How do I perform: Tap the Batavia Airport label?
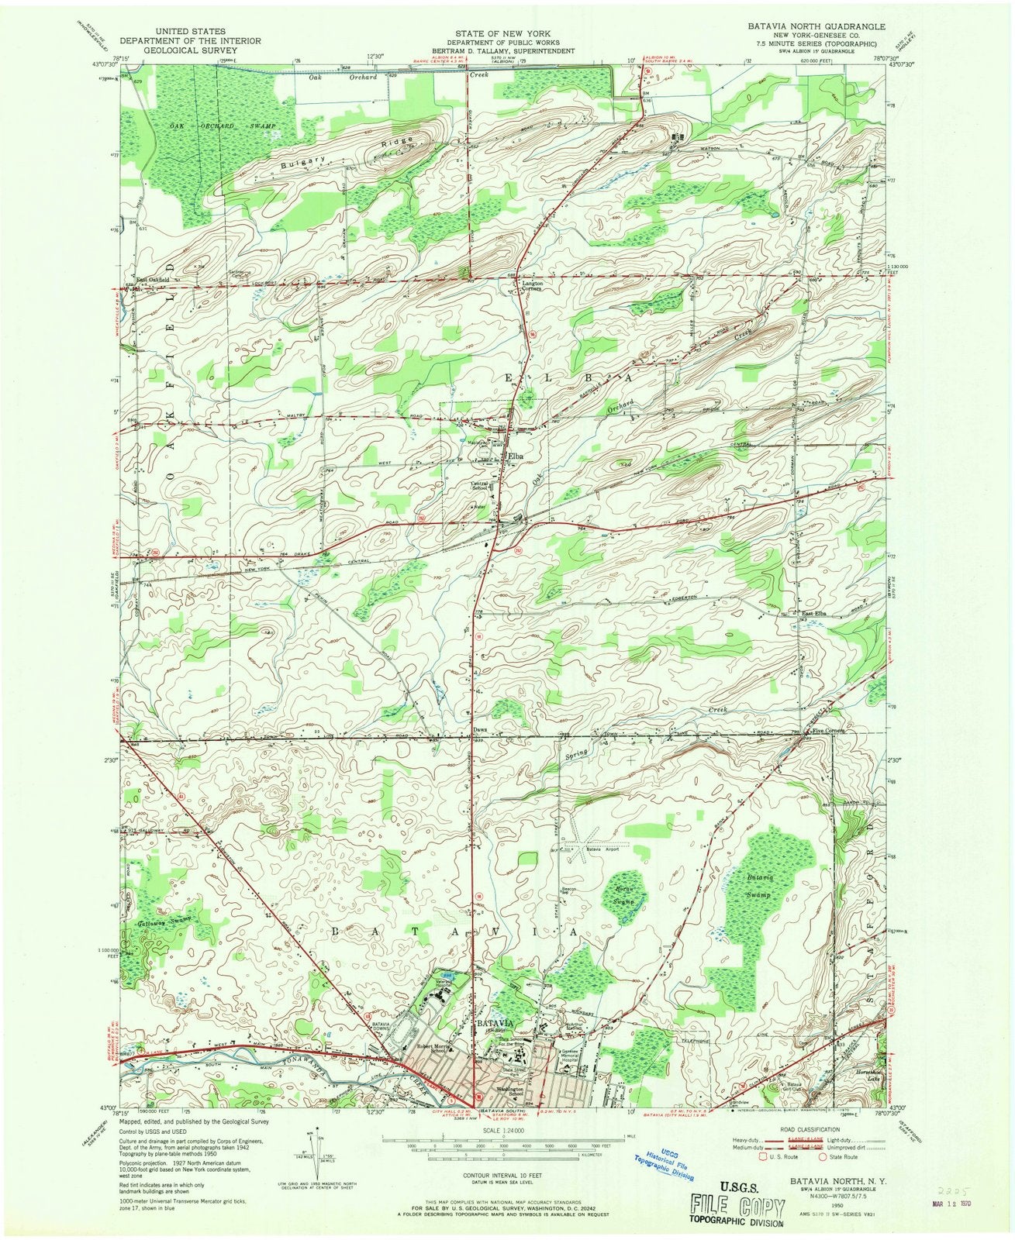coord(603,850)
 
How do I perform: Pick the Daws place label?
coord(478,729)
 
